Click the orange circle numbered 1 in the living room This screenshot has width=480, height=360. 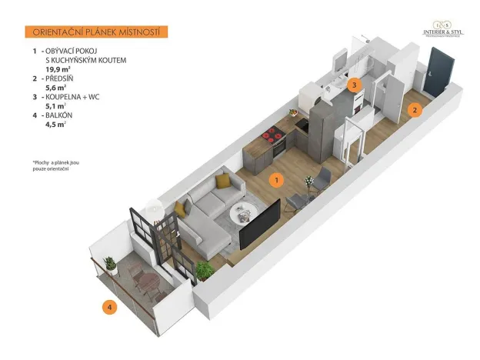276,179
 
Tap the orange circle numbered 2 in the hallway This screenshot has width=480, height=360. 415,109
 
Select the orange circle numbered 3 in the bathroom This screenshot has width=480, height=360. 354,85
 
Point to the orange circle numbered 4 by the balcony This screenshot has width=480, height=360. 111,308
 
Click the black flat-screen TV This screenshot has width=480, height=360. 258,224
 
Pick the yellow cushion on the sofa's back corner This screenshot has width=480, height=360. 222,181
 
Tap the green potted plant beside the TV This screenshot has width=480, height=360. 205,270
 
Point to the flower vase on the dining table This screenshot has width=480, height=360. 308,182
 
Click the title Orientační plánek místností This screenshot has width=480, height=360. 96,32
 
